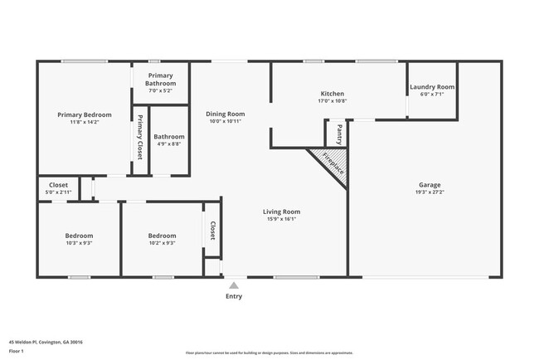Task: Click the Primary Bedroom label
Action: point(84,114)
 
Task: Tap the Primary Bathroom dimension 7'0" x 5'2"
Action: point(160,91)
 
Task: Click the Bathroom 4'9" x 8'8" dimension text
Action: point(168,144)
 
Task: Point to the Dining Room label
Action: point(226,114)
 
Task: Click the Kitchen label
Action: point(332,94)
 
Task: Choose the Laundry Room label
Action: point(433,87)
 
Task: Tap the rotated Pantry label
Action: point(338,133)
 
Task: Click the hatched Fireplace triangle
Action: point(331,163)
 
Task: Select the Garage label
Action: point(429,185)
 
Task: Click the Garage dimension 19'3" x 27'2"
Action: point(429,192)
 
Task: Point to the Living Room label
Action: point(281,212)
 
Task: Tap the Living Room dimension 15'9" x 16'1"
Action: point(281,219)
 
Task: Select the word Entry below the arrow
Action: point(234,296)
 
